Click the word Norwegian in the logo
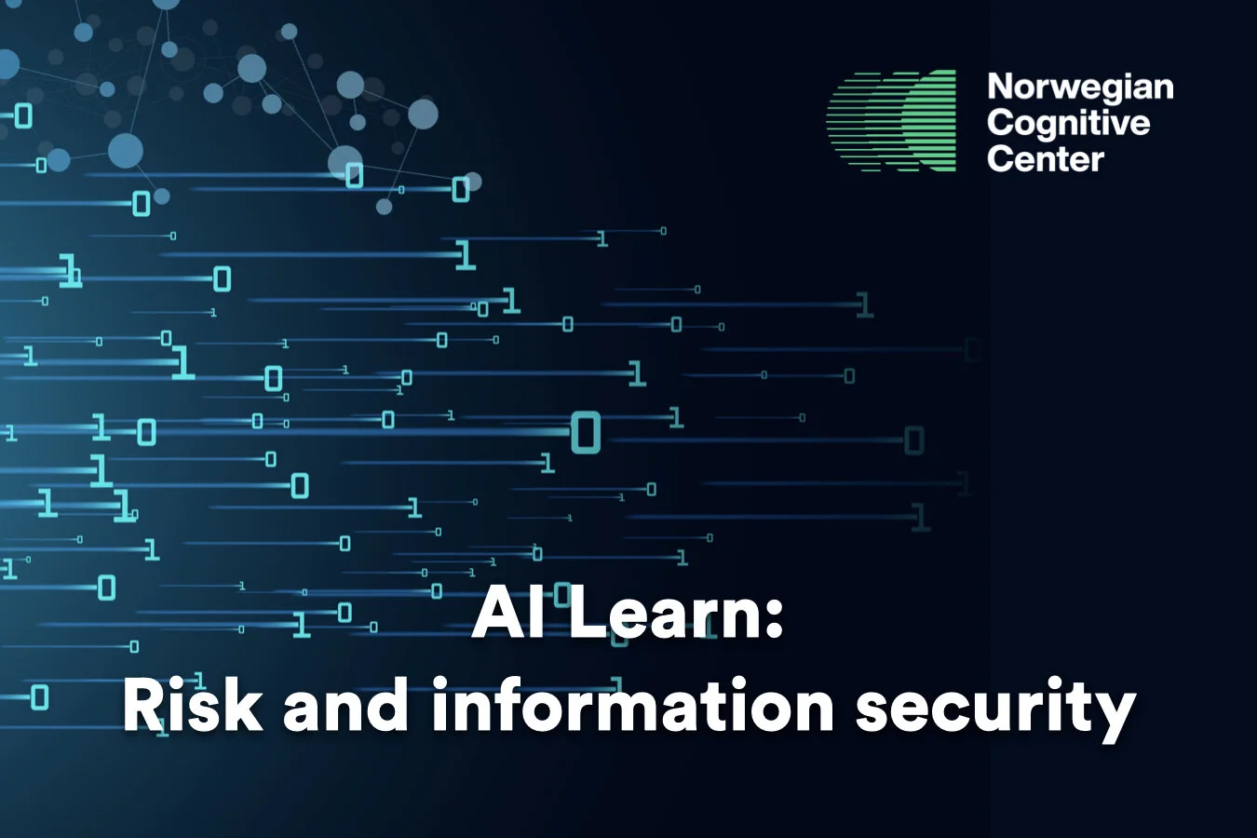[x=1080, y=87]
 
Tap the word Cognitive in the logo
[x=1068, y=123]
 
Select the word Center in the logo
[x=1045, y=158]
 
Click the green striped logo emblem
[x=892, y=121]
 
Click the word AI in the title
[x=501, y=615]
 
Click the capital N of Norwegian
[x=1001, y=87]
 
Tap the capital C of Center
[x=1000, y=158]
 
